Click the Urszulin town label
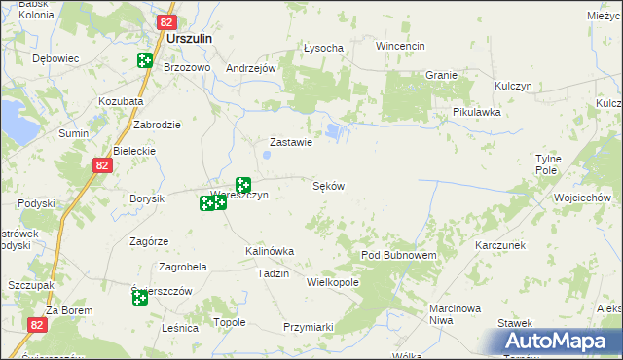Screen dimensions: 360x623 pos(190,39)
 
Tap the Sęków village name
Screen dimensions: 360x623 pos(329,185)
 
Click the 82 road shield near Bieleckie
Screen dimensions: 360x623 pos(104,166)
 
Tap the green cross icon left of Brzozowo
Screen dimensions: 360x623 pos(145,60)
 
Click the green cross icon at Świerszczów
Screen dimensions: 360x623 pos(140,297)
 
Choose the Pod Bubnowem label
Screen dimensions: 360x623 pos(398,254)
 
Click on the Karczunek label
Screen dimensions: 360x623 pos(500,245)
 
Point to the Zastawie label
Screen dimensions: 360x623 pos(290,142)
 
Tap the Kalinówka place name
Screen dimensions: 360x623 pos(270,251)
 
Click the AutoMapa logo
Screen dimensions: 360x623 pos(559,342)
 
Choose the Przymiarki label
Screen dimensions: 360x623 pos(310,327)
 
